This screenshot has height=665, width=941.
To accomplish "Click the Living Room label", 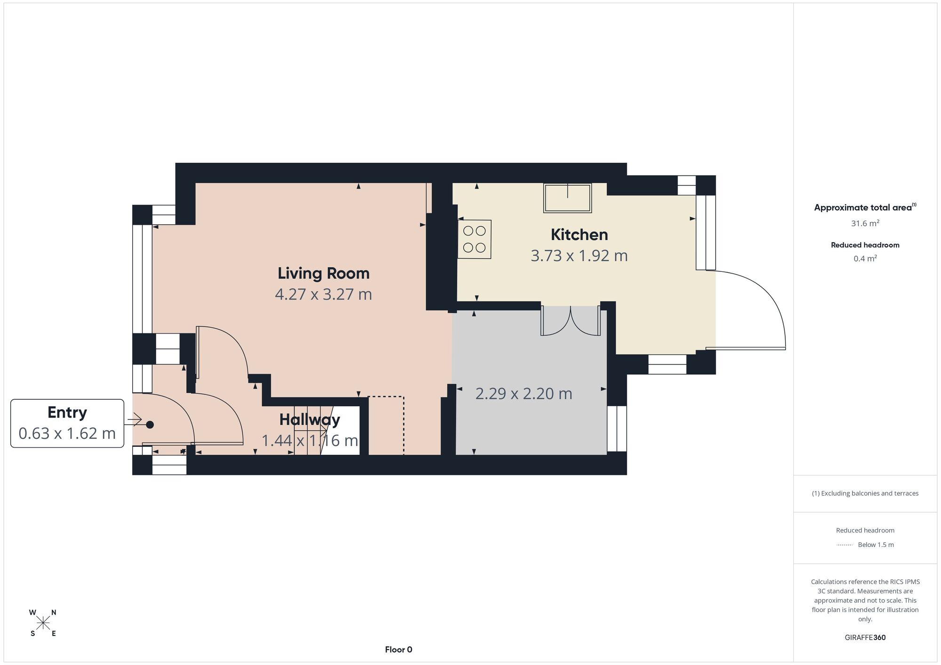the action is (x=323, y=273).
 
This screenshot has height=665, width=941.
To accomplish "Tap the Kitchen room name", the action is (x=579, y=234).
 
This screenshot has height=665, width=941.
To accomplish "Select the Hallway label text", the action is (x=310, y=420).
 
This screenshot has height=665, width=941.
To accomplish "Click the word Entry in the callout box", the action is (x=67, y=412).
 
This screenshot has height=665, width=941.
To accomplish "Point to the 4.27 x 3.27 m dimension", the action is (x=323, y=294).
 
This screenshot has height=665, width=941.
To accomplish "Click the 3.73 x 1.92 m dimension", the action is (x=579, y=255).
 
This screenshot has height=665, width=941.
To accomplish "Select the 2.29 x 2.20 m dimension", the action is (x=524, y=393).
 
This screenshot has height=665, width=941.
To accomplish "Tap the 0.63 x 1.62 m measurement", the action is (x=67, y=433).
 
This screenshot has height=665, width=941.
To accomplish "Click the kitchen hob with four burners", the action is (x=474, y=239).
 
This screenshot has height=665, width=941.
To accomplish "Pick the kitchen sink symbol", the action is (x=567, y=198).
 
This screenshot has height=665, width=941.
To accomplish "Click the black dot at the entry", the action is (x=150, y=425).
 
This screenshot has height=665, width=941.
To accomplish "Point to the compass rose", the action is (x=43, y=623).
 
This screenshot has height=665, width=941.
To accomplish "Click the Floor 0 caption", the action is (x=399, y=649).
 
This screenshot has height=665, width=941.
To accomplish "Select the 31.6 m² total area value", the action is (x=865, y=223).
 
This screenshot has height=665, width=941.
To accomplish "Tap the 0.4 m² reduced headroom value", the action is (x=865, y=258).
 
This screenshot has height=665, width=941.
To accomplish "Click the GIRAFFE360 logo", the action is (x=865, y=638).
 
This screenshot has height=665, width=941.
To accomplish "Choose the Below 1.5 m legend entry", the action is (x=876, y=545).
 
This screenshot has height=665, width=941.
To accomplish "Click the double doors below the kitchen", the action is (x=570, y=321).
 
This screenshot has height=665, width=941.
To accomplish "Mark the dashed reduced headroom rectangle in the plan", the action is (x=386, y=426).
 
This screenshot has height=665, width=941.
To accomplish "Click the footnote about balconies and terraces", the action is (x=865, y=493).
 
